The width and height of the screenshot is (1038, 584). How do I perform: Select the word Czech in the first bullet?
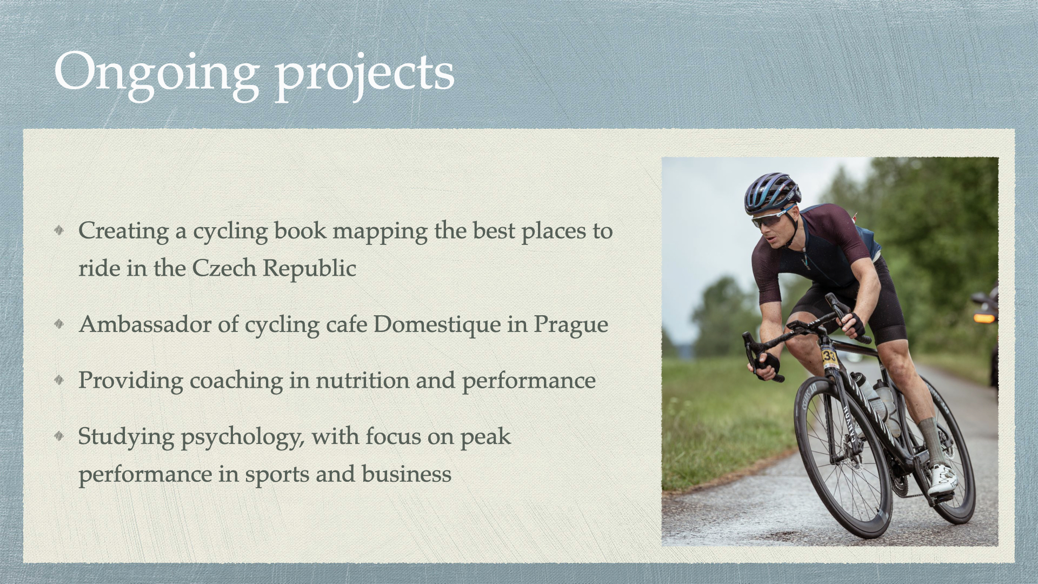point(224,268)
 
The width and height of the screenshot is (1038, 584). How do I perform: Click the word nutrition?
point(362,380)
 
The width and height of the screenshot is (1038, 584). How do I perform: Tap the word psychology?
point(242,437)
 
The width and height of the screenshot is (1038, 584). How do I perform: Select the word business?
point(407,474)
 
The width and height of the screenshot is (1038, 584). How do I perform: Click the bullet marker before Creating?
point(59,230)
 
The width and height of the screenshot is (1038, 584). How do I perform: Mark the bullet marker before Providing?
point(59,380)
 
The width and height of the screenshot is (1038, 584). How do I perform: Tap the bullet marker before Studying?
point(59,436)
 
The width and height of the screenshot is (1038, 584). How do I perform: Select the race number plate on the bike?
point(829,357)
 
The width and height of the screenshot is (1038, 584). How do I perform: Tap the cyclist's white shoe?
point(942,480)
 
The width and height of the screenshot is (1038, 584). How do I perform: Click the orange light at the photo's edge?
point(984,317)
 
